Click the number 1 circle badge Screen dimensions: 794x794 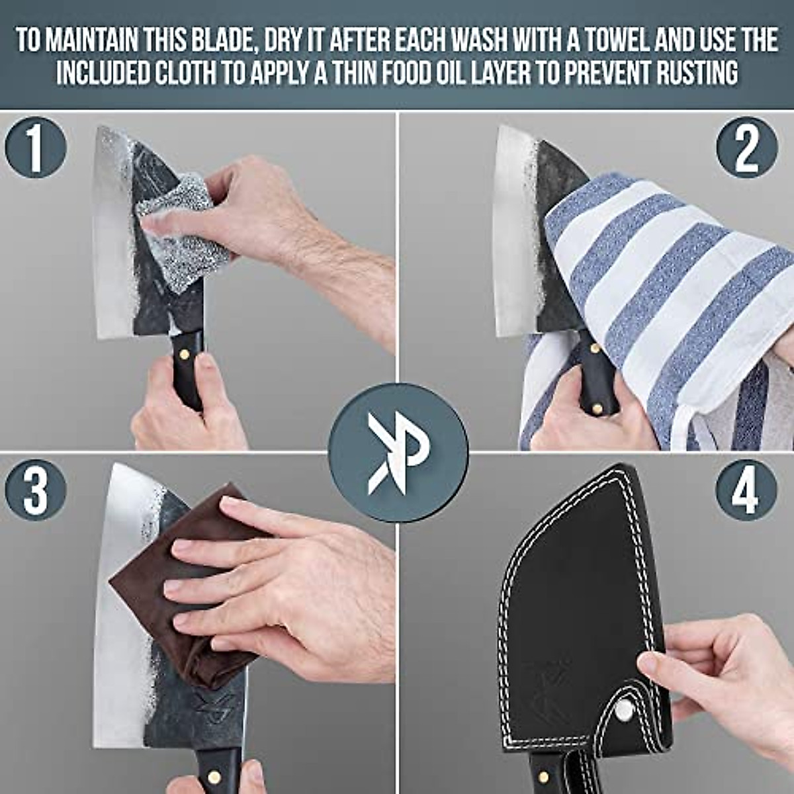click(x=36, y=147)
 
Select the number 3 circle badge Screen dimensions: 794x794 click(x=36, y=490)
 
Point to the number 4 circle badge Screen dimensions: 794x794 click(x=746, y=490)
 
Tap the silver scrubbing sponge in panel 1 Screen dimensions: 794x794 click(x=182, y=228)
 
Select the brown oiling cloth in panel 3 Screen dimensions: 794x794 click(x=185, y=595)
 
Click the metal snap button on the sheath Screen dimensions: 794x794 click(x=623, y=709)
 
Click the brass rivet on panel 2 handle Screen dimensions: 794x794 click(x=595, y=349)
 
